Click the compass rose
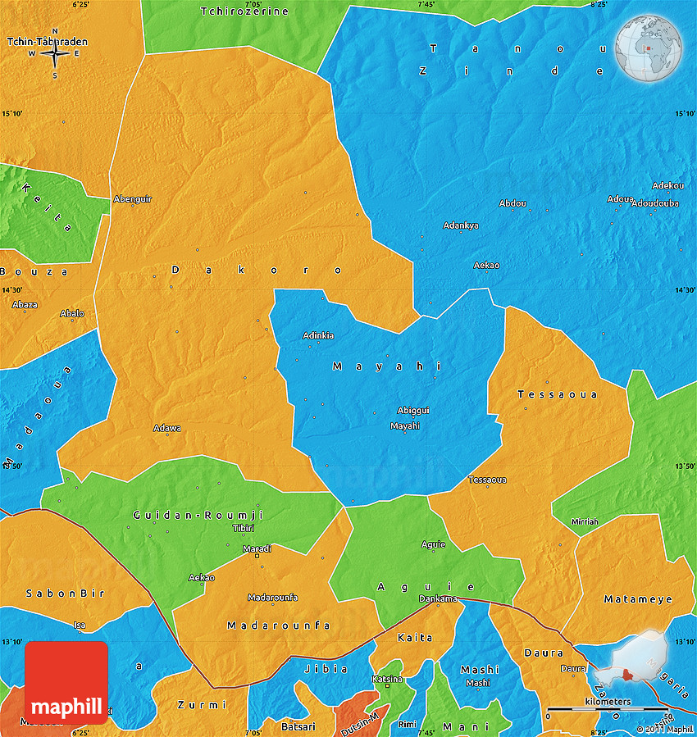tap(55, 54)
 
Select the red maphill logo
tap(66, 682)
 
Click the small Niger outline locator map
tap(640, 662)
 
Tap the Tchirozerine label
tap(244, 11)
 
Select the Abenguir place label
tap(133, 199)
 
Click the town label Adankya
tap(461, 225)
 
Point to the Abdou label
tap(512, 203)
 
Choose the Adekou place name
tap(667, 185)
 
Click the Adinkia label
tap(318, 335)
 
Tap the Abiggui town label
tap(413, 410)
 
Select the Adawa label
tap(167, 428)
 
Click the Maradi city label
tap(257, 548)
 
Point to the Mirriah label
tap(585, 521)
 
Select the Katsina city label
tap(388, 679)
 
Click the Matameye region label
tap(638, 599)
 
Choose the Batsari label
tap(298, 726)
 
